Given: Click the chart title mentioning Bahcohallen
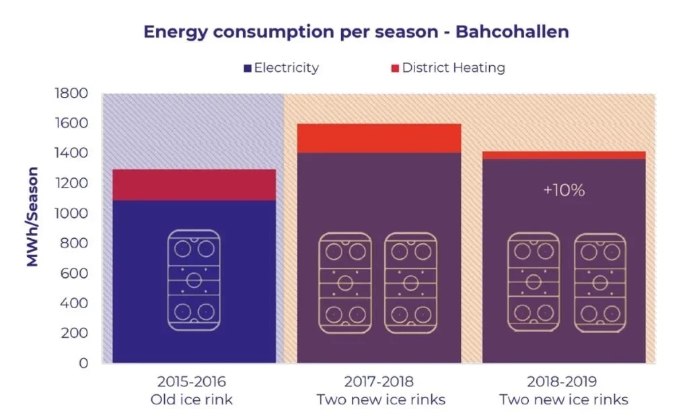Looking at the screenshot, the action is [356, 32].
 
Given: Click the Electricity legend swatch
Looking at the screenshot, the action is [248, 68].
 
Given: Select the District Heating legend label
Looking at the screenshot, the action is [454, 68].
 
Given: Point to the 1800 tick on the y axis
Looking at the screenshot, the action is [71, 93].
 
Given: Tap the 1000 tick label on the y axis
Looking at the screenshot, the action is [71, 213].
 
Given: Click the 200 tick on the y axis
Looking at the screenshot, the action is [74, 332].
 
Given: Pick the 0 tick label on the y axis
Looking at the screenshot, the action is [83, 363].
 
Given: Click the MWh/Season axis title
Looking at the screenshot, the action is [32, 217].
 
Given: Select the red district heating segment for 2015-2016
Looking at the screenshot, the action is [194, 185].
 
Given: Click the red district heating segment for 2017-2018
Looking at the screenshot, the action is [379, 139].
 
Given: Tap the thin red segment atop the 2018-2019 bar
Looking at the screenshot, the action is [564, 155].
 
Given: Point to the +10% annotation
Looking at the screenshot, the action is [564, 190].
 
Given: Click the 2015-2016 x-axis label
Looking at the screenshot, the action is [192, 381].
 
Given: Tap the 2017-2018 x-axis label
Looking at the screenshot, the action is [379, 381].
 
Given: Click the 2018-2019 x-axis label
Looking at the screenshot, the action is [562, 381].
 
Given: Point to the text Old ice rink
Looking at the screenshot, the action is [192, 400].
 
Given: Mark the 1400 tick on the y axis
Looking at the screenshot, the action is [71, 153].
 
